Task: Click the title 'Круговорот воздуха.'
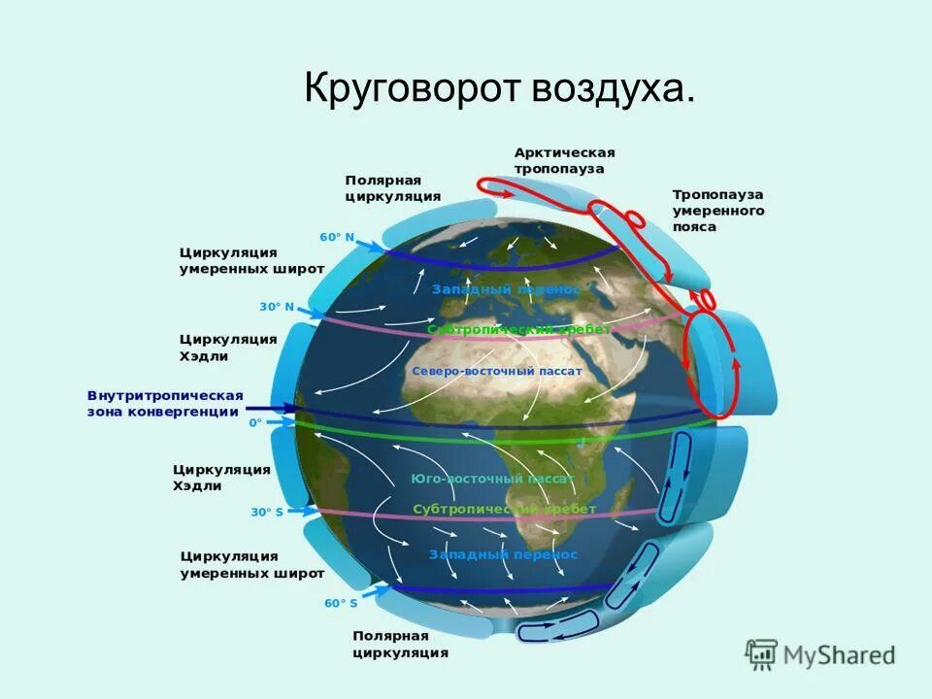500,88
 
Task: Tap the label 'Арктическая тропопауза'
565,160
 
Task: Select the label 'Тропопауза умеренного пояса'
718,211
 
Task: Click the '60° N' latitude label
337,237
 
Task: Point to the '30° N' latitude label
276,306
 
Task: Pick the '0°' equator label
255,422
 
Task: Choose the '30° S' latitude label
267,512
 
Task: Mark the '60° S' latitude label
340,603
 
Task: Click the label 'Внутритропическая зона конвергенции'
164,404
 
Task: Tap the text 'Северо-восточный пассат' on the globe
496,371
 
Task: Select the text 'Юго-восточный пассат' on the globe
492,479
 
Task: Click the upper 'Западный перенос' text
505,289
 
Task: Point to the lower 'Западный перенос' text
503,554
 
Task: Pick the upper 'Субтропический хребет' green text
518,329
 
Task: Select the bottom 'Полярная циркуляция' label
400,644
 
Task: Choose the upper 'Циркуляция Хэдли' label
228,348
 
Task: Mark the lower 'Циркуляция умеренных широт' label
252,565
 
